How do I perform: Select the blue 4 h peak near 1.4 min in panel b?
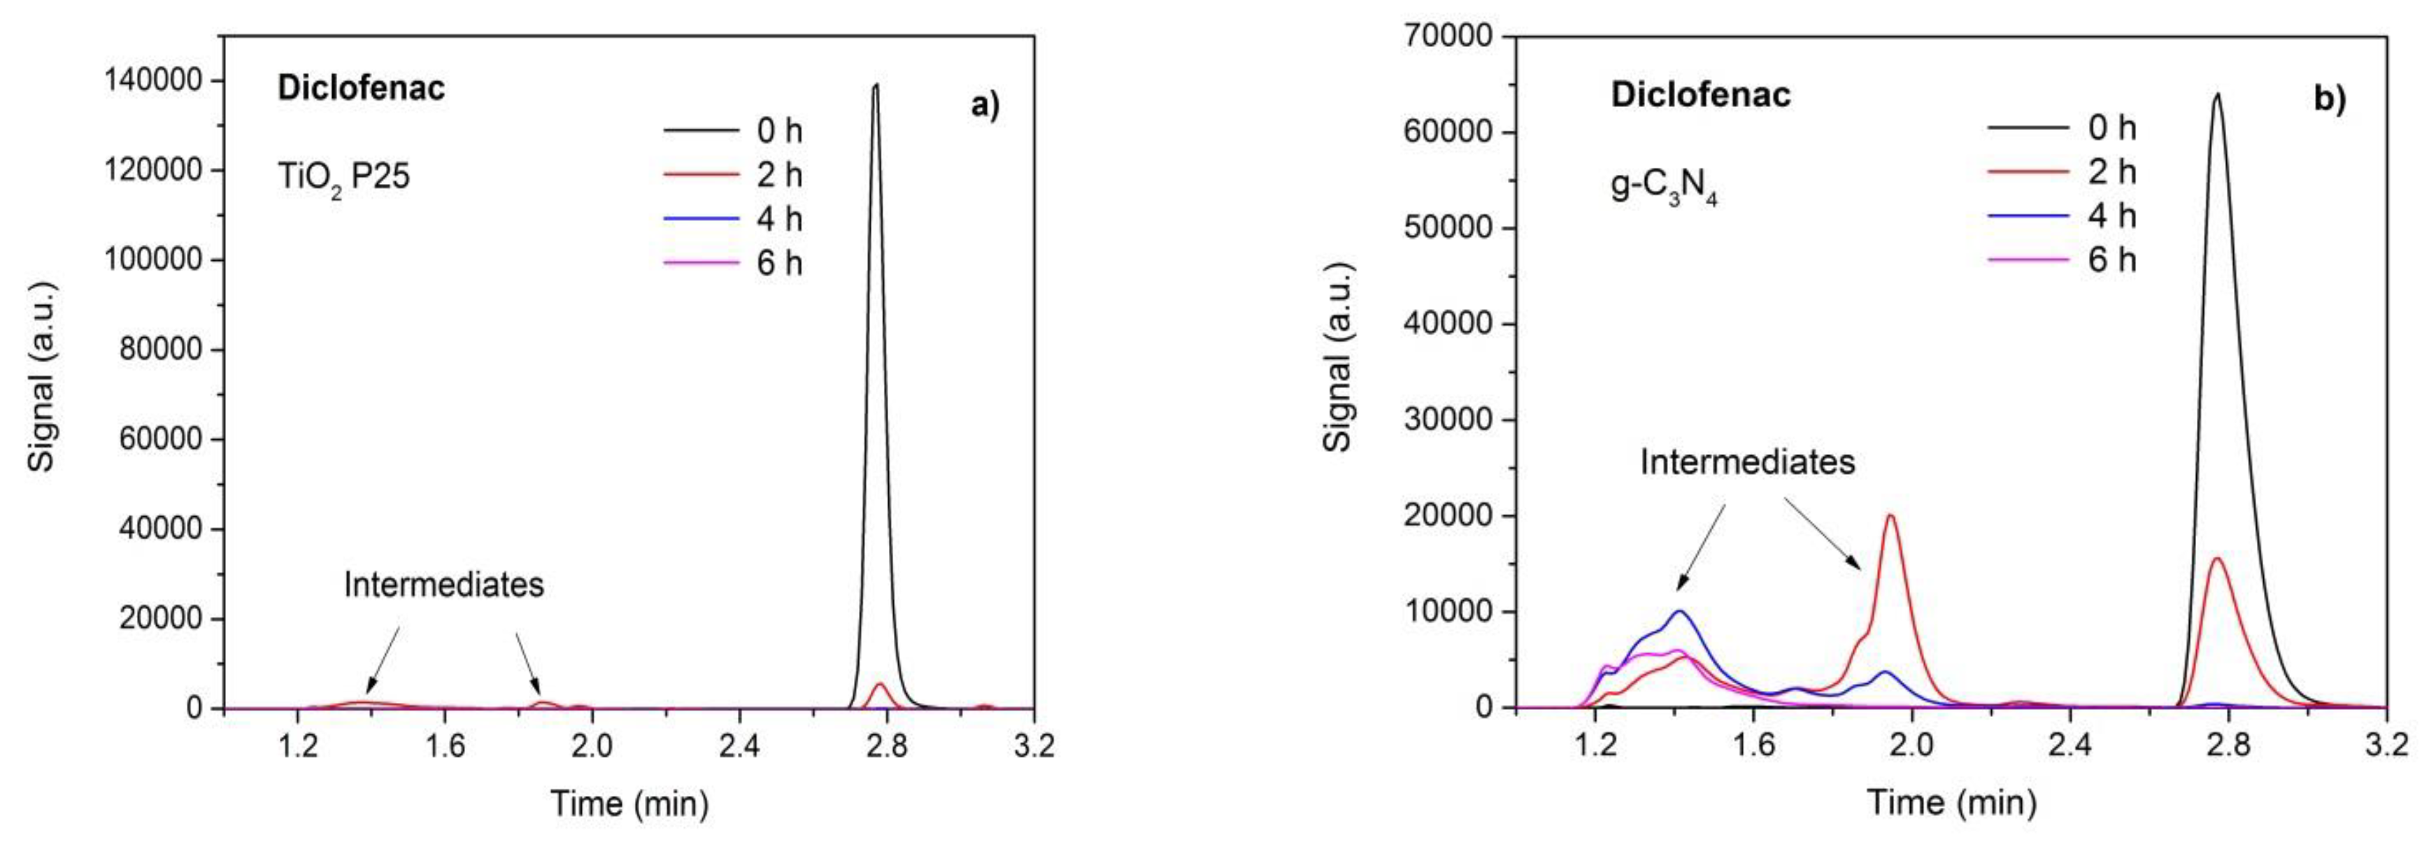point(1679,612)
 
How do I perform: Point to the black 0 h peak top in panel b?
point(2217,94)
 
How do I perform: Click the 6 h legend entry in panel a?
point(734,263)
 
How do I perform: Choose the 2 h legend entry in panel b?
point(2061,172)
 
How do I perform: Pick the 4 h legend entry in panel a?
point(734,219)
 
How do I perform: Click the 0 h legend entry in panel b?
point(2061,128)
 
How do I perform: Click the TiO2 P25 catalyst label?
point(343,178)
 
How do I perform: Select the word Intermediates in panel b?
point(1747,462)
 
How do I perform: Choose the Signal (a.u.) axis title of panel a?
point(42,376)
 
